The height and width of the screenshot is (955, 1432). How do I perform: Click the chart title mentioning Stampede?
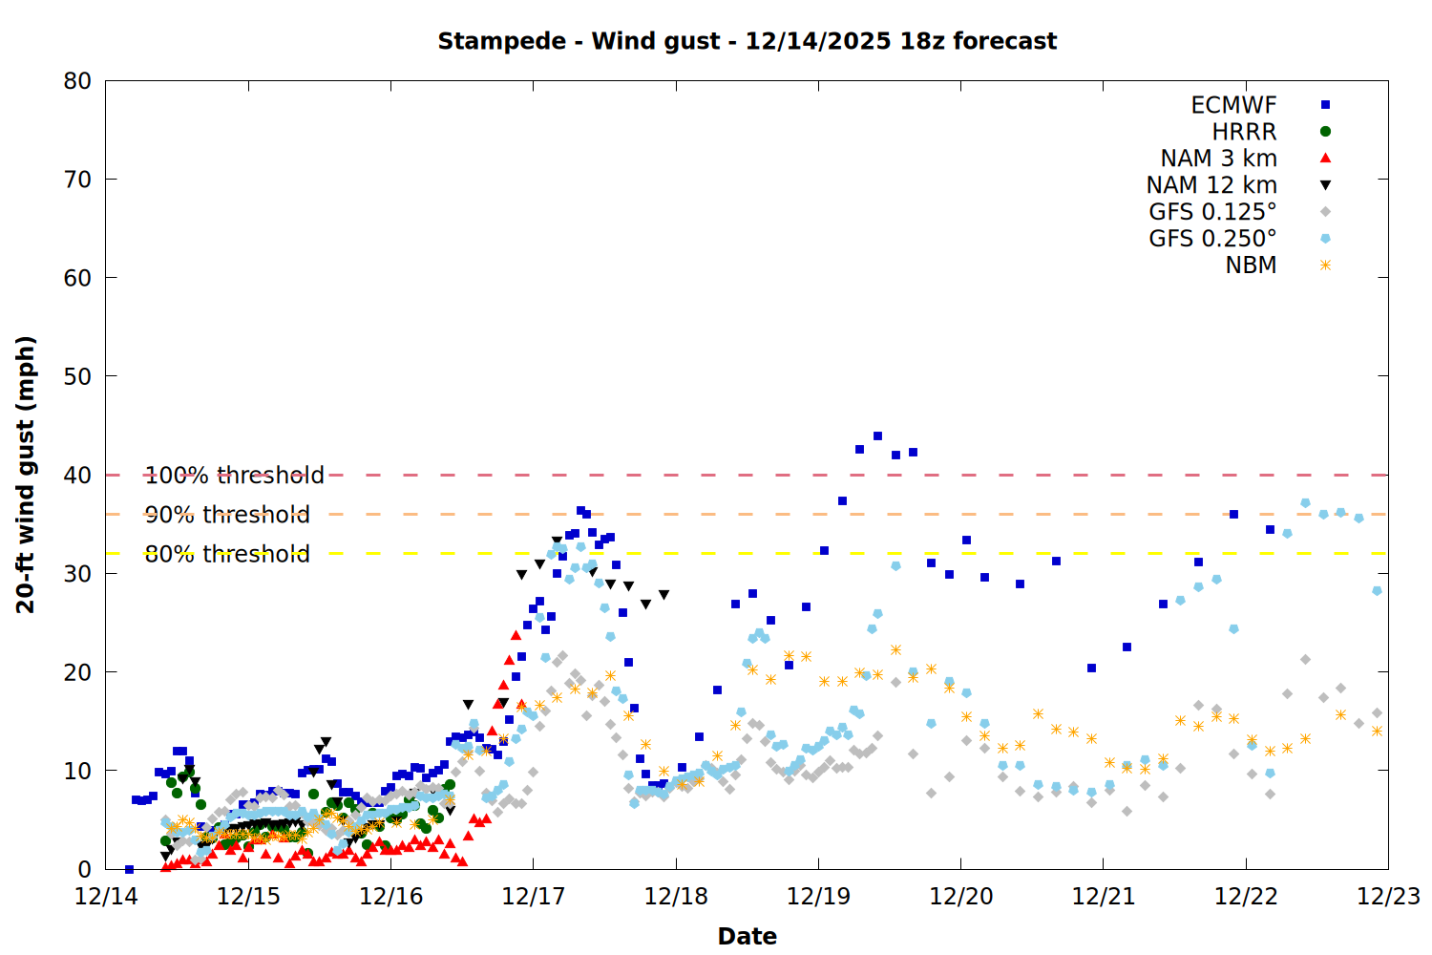pos(747,41)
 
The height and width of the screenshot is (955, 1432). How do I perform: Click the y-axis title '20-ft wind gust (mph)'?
pos(26,475)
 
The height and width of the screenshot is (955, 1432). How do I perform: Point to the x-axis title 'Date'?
pos(747,936)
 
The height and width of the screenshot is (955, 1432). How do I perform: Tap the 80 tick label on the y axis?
pos(77,81)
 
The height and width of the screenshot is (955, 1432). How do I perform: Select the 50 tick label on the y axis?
pos(77,376)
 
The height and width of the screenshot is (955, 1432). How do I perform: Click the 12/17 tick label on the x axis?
pos(533,897)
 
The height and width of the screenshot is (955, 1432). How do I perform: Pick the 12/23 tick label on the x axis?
pos(1388,897)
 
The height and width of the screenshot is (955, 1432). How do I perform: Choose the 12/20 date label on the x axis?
pos(960,897)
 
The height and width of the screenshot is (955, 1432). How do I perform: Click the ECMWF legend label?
pos(1233,105)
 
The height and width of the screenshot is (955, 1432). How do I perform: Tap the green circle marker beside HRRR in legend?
pos(1325,132)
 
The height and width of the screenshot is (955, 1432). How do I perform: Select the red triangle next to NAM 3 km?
pos(1325,159)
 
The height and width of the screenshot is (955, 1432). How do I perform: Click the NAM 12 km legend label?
pos(1211,185)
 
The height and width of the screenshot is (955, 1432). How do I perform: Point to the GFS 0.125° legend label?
pos(1212,212)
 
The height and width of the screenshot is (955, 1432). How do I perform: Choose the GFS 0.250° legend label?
pos(1212,239)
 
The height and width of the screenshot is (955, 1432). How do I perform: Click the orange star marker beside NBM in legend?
pos(1325,265)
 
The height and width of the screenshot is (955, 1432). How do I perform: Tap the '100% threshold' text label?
pos(234,476)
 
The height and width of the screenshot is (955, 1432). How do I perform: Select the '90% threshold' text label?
pos(227,515)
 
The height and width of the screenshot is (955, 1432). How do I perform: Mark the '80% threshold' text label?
pos(227,554)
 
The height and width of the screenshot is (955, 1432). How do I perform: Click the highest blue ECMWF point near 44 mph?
pos(877,436)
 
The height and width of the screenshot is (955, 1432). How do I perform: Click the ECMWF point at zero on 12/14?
pos(129,869)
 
